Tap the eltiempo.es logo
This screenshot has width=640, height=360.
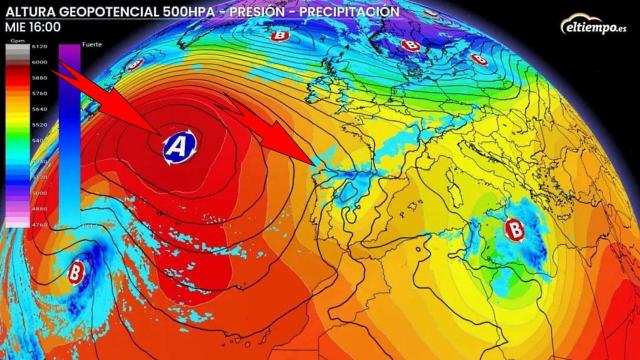596,24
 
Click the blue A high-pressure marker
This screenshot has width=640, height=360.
179,147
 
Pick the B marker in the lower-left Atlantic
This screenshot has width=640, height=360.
78,269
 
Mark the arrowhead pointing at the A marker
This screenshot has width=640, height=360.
155,128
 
